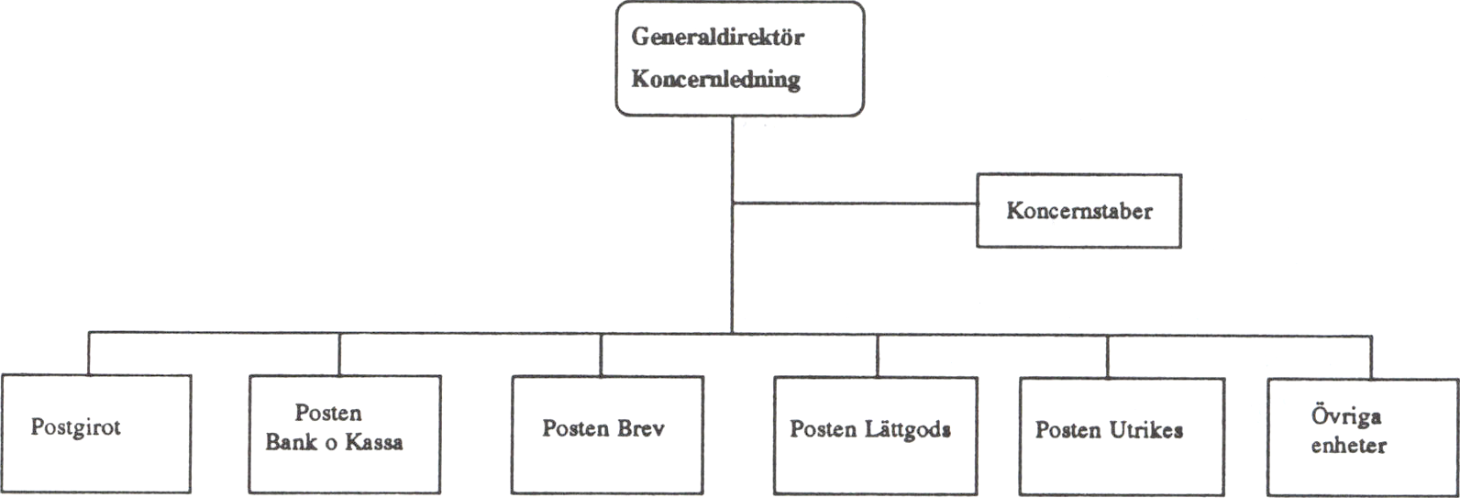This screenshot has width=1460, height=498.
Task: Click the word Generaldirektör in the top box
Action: (x=717, y=39)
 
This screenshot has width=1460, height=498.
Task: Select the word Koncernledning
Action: (x=715, y=80)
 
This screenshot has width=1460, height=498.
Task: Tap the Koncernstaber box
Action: (x=1078, y=211)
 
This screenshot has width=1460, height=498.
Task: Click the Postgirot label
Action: (x=76, y=427)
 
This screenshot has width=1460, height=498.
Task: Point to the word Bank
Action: (x=292, y=442)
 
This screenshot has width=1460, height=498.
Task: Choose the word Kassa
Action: (x=372, y=442)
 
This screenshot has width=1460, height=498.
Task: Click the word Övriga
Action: (x=1346, y=417)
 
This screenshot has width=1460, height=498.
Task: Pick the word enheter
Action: (x=1348, y=447)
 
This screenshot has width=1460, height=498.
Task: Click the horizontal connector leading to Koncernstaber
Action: (x=854, y=204)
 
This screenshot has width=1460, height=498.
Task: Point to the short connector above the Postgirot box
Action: (x=89, y=353)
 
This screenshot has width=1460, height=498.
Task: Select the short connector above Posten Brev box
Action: (x=601, y=353)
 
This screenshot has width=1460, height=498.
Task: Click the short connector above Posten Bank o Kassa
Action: (x=339, y=353)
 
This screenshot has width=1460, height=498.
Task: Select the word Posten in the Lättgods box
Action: (x=824, y=429)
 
